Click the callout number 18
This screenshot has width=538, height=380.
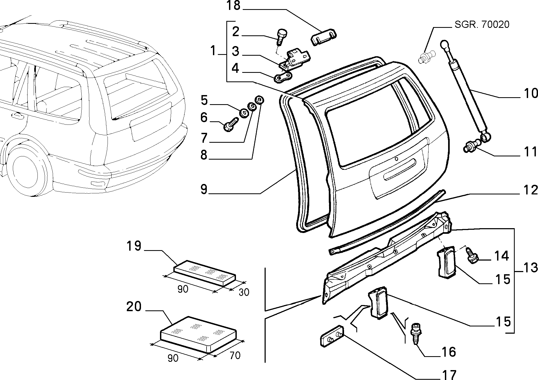pyautogui.click(x=234, y=6)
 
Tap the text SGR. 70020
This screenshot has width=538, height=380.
pyautogui.click(x=482, y=25)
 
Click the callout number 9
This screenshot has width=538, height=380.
pyautogui.click(x=204, y=189)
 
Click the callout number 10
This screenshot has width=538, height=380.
pyautogui.click(x=531, y=93)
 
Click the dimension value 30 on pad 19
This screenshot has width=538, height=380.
pyautogui.click(x=244, y=292)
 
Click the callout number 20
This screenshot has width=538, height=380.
pyautogui.click(x=134, y=307)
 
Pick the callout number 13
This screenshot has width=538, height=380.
pyautogui.click(x=531, y=268)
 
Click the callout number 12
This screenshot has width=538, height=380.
pyautogui.click(x=531, y=190)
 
